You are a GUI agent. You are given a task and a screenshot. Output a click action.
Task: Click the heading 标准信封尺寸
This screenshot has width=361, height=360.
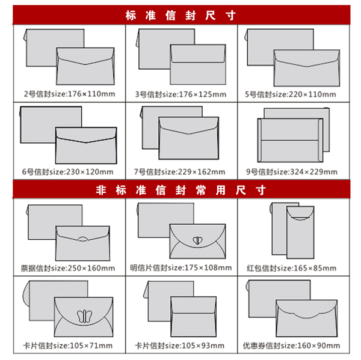(180, 16)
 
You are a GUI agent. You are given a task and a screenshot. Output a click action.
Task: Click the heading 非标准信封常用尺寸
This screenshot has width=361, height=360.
(180, 191)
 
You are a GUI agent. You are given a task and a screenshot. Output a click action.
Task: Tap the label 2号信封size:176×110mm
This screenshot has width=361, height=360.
(69, 94)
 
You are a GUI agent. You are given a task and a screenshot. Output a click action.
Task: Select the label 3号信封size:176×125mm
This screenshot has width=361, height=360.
(180, 94)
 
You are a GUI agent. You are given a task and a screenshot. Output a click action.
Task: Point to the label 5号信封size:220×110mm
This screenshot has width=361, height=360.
(291, 94)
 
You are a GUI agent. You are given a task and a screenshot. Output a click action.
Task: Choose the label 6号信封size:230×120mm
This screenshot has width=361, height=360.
(67, 172)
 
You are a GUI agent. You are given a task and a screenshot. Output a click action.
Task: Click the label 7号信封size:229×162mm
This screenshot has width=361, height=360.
(179, 172)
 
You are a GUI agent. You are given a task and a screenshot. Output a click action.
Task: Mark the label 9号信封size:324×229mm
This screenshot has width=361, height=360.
(292, 172)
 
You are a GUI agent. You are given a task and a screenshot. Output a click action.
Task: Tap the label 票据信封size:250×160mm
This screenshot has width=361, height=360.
(67, 268)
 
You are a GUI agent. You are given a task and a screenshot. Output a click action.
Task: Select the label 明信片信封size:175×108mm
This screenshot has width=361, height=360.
(180, 267)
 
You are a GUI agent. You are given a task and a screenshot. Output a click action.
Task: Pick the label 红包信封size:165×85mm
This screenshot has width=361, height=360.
(291, 268)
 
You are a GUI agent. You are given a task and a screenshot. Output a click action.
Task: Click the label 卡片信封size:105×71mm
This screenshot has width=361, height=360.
(67, 346)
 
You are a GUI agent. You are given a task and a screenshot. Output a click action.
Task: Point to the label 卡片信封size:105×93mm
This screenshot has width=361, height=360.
(179, 346)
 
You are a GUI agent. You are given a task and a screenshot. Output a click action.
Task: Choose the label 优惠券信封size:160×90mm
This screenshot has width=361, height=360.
(291, 346)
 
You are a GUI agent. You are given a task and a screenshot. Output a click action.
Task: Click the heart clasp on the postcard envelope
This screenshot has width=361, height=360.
(197, 240)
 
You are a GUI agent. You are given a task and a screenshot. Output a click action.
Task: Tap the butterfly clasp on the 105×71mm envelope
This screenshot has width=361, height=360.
(84, 316)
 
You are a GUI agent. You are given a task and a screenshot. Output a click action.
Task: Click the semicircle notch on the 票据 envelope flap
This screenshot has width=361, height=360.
(83, 239)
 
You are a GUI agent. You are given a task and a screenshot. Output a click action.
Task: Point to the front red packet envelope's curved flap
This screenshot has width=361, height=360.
(300, 218)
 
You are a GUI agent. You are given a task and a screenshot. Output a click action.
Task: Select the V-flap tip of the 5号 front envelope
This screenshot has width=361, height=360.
(307, 67)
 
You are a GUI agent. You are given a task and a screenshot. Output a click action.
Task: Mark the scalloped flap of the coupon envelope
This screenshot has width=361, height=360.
(306, 318)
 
